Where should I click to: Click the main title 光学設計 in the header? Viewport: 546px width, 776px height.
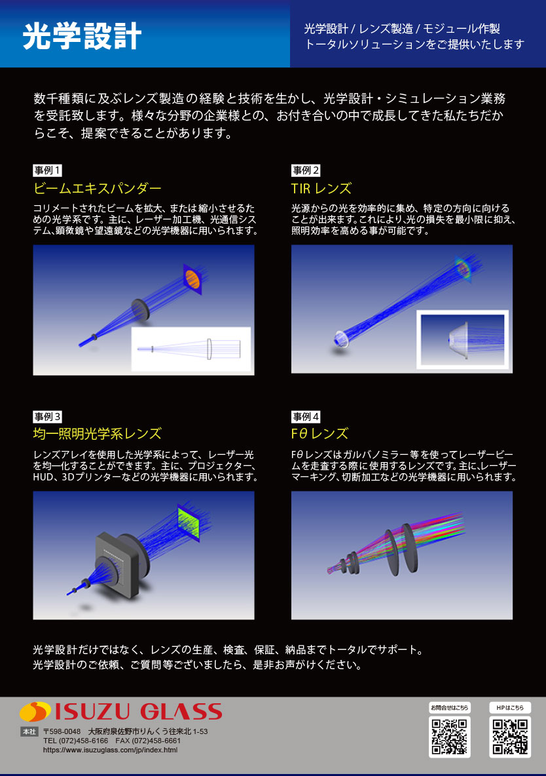[x=82, y=37]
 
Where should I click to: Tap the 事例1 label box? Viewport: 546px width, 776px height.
[x=48, y=170]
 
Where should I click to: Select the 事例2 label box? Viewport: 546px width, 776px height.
[x=306, y=170]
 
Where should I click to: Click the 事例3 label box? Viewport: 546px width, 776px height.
[x=48, y=416]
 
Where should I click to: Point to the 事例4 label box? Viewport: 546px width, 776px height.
[x=306, y=416]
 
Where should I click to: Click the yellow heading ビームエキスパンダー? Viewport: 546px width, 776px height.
[x=97, y=189]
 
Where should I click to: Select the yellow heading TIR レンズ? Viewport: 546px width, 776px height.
[x=321, y=189]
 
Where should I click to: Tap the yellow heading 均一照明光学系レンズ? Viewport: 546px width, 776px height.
[x=97, y=434]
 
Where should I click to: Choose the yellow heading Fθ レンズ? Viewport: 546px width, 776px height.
[x=319, y=434]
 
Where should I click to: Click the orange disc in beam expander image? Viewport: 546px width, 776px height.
[x=192, y=279]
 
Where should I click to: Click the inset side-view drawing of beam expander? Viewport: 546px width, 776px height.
[x=191, y=349]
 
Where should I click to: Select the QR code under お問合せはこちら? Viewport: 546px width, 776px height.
[x=449, y=737]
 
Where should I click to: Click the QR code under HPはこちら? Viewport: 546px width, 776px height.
[x=510, y=737]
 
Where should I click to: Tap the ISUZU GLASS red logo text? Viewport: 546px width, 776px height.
[x=137, y=712]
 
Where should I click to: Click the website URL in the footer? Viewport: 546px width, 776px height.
[x=110, y=750]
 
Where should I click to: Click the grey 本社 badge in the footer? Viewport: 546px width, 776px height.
[x=29, y=731]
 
